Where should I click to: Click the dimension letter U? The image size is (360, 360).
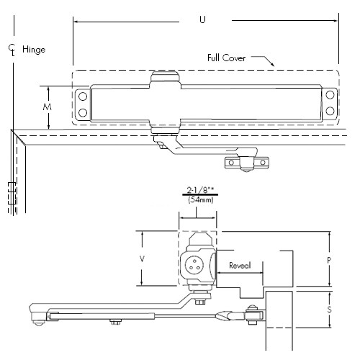[202, 20]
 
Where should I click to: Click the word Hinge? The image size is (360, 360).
[34, 50]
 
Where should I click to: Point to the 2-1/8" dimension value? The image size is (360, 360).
[195, 192]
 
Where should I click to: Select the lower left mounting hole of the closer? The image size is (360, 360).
[83, 112]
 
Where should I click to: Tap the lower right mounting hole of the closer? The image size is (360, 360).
[329, 112]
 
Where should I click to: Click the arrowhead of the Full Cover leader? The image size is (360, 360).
[273, 66]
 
